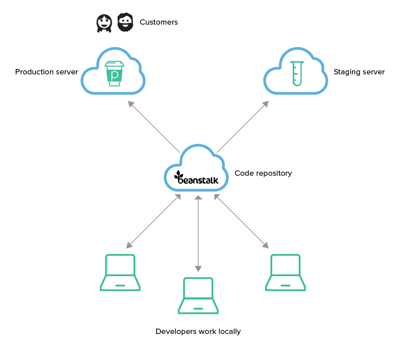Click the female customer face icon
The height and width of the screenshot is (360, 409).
click(x=104, y=23)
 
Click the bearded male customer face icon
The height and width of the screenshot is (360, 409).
click(x=126, y=22)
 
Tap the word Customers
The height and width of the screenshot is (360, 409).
click(x=159, y=22)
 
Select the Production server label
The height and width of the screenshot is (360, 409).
click(x=47, y=72)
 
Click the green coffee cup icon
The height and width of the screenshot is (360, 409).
click(x=114, y=73)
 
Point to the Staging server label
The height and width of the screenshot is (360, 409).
click(x=359, y=72)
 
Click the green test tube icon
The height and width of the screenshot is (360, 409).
click(x=296, y=73)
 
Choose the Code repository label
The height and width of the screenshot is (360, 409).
click(x=263, y=173)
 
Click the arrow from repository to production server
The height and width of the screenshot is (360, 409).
click(x=153, y=126)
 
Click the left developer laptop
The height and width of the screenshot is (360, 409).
click(x=120, y=273)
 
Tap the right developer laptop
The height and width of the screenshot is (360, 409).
click(x=285, y=273)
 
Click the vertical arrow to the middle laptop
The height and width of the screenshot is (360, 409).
click(x=198, y=233)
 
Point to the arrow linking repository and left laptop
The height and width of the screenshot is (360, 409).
click(x=153, y=221)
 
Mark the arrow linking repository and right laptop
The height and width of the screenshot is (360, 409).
click(x=241, y=221)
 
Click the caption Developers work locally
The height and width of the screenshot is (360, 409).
click(x=198, y=332)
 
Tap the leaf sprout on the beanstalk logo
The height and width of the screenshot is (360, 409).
click(x=179, y=174)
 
